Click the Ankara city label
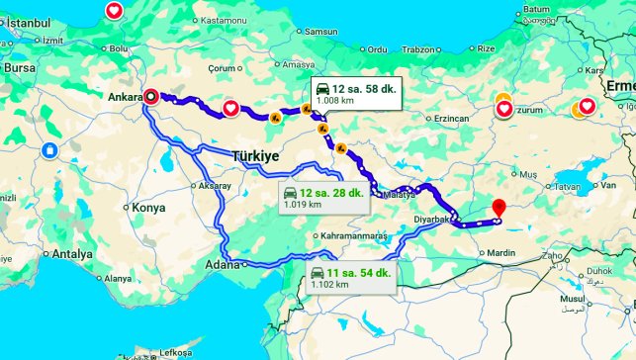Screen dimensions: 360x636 pyautogui.click(x=124, y=97)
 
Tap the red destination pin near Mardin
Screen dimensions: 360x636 pyautogui.click(x=499, y=209)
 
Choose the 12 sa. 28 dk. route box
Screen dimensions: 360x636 pyautogui.click(x=318, y=198)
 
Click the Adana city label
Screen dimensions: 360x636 pyautogui.click(x=222, y=264)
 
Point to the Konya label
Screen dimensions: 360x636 pyautogui.click(x=148, y=208)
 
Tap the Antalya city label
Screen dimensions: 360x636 pyautogui.click(x=72, y=254)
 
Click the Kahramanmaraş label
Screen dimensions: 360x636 pyautogui.click(x=353, y=237)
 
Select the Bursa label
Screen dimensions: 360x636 pyautogui.click(x=19, y=68)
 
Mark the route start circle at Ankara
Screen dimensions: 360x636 pyautogui.click(x=150, y=97)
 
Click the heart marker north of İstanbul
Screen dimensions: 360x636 pyautogui.click(x=114, y=12)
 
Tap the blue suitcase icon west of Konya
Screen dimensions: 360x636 pyautogui.click(x=49, y=151)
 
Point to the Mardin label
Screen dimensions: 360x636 pyautogui.click(x=500, y=253)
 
